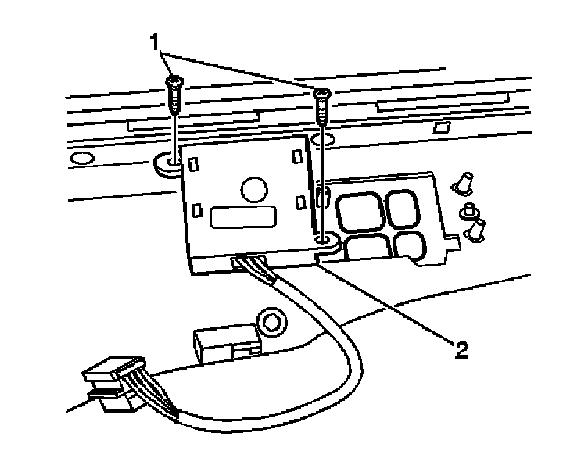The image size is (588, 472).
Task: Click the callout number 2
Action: (462, 348)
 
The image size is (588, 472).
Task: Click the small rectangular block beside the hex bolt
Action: (224, 341)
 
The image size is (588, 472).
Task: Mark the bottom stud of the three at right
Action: (475, 230)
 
